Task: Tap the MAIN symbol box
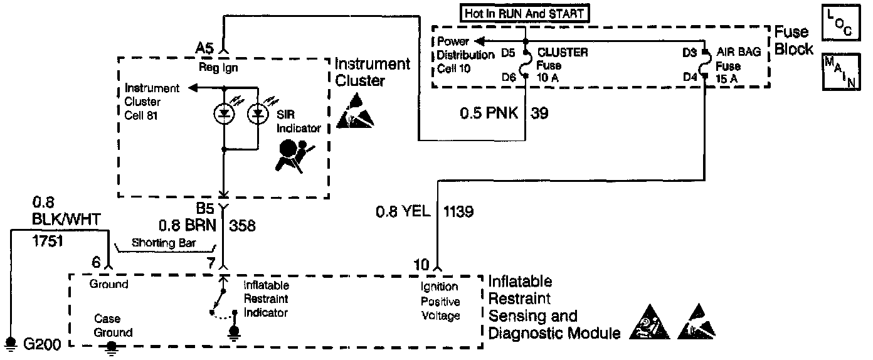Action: click(x=840, y=71)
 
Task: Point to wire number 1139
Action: click(x=458, y=211)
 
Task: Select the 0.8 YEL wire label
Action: click(x=403, y=211)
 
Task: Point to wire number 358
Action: click(x=243, y=225)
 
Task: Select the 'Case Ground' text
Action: click(x=113, y=326)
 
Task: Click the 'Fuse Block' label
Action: click(x=794, y=41)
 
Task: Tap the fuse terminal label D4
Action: click(x=690, y=78)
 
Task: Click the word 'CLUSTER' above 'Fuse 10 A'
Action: click(x=563, y=53)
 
